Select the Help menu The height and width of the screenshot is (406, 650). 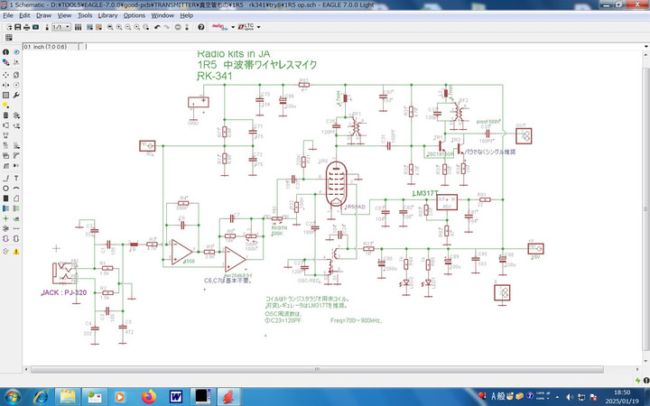click(x=186, y=15)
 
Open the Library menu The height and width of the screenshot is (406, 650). click(x=107, y=15)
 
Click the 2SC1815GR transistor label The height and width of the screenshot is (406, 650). click(x=441, y=153)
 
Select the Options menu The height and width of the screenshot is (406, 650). click(x=134, y=15)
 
